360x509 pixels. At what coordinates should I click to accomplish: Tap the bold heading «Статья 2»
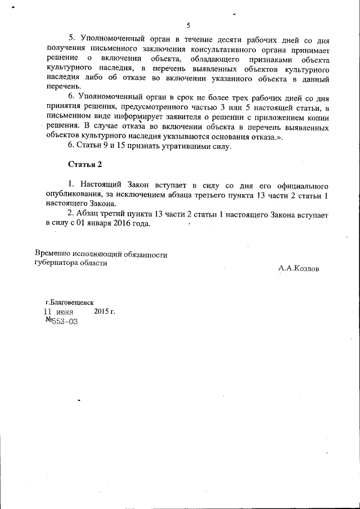[85, 165]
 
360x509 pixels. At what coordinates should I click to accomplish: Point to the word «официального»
[302, 184]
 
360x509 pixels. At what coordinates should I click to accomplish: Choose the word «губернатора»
[58, 263]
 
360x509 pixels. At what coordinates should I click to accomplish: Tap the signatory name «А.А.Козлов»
[298, 269]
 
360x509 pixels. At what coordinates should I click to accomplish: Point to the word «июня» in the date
[66, 311]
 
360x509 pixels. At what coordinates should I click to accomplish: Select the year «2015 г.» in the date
[105, 311]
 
